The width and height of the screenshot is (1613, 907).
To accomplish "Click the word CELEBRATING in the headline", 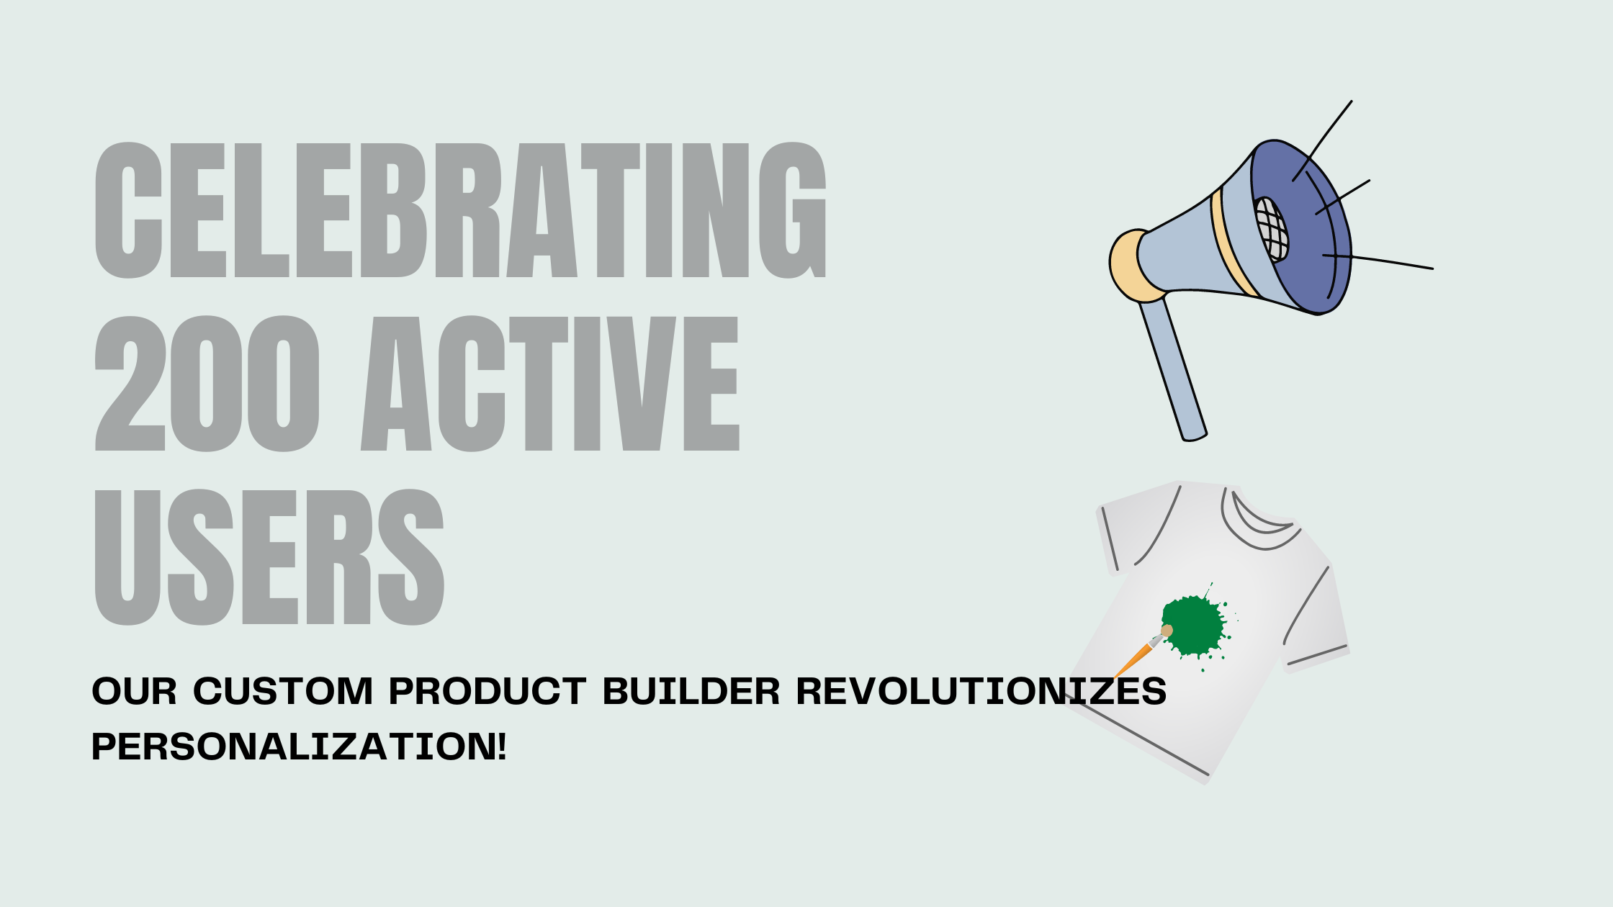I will (461, 210).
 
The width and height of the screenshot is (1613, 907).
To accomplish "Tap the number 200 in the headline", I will (207, 384).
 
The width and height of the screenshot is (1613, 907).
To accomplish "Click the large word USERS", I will (269, 558).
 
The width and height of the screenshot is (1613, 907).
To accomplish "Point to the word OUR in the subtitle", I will (134, 692).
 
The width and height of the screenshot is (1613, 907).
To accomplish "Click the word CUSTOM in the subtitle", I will (283, 692).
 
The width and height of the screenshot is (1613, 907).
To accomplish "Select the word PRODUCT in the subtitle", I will (488, 692).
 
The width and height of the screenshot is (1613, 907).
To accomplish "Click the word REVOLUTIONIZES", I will (981, 692).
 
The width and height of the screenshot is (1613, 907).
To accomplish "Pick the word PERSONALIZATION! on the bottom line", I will (299, 746).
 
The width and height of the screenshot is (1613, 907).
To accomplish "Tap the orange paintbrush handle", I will (1133, 659).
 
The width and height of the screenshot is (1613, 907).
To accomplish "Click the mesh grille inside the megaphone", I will (1272, 229).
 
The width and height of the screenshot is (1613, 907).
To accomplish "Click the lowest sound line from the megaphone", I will (1379, 262).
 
